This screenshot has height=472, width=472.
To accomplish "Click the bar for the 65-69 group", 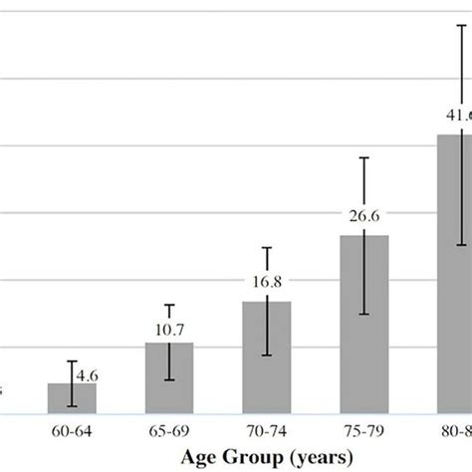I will pyautogui.click(x=169, y=378).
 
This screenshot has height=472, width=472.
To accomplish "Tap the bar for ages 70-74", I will pyautogui.click(x=267, y=357).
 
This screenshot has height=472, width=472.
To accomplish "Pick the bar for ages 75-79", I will pyautogui.click(x=364, y=325).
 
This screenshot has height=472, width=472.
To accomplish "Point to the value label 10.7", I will pyautogui.click(x=169, y=328).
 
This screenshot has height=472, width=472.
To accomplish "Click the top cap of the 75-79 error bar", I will pyautogui.click(x=364, y=157).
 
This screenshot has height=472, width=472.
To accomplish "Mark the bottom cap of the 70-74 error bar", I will pyautogui.click(x=267, y=355).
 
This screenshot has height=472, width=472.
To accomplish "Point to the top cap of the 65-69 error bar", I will pyautogui.click(x=169, y=305).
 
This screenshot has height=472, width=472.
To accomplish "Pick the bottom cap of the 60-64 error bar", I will pyautogui.click(x=72, y=405).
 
